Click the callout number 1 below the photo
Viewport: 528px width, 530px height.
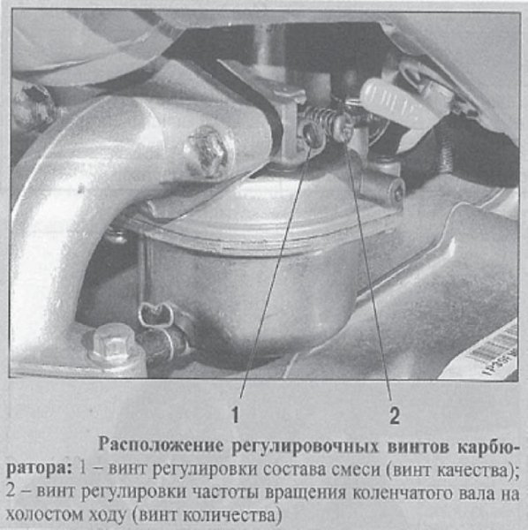(237, 412)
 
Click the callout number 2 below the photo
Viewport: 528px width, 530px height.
(395, 412)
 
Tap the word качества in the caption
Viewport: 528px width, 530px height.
(478, 465)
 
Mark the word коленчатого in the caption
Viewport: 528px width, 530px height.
(386, 488)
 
